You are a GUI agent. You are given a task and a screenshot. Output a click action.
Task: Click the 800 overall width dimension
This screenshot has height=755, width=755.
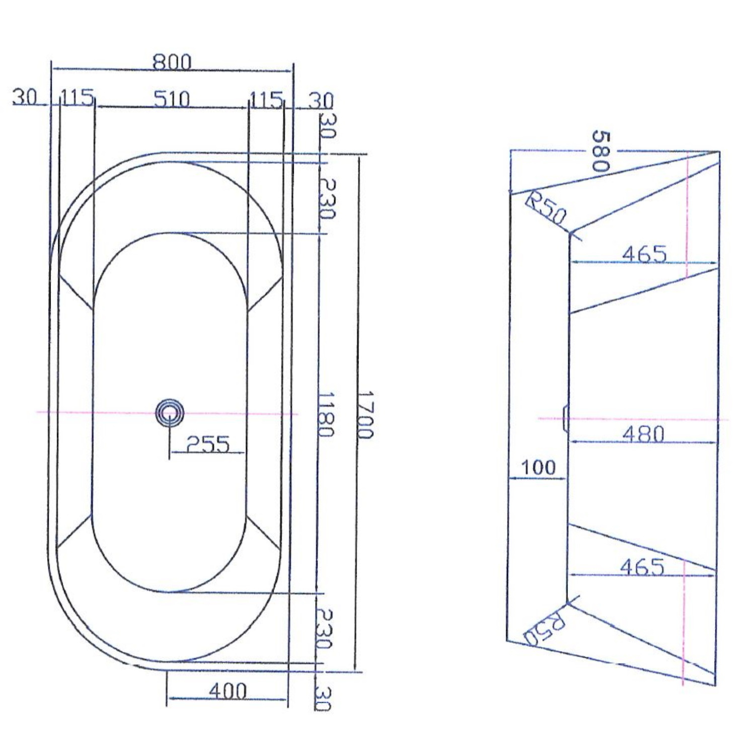172,62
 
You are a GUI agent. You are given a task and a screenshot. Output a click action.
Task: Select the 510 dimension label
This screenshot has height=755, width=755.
172,99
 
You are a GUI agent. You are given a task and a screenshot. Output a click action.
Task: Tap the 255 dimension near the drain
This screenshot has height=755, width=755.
207,444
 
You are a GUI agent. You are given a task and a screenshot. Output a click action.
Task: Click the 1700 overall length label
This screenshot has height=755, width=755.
366,415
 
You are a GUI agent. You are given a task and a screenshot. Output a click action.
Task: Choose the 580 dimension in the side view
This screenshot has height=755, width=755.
600,151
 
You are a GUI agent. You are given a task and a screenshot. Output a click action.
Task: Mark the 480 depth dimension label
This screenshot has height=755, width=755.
644,433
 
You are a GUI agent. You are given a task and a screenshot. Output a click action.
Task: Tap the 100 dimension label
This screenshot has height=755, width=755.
538,468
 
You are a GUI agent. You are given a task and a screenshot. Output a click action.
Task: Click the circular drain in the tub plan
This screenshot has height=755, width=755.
169,413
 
